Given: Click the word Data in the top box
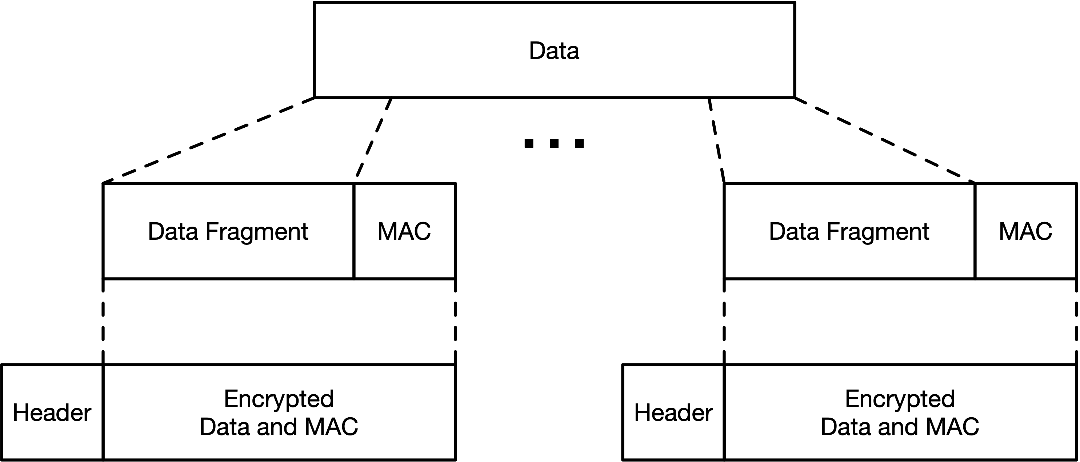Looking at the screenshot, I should (554, 51).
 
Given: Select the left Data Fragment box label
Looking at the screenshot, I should (228, 231).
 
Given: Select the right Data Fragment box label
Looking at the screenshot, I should (849, 231).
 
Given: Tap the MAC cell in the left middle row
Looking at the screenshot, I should (404, 231).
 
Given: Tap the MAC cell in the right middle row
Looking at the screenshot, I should (1025, 231).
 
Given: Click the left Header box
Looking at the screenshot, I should (52, 413).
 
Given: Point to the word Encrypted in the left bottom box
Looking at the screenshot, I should (279, 399).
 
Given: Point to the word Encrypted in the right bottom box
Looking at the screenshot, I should (900, 399).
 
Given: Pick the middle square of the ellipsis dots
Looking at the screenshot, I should (554, 143).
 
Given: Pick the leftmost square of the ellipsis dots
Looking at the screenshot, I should (529, 143).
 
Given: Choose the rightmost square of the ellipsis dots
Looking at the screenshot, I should (579, 143).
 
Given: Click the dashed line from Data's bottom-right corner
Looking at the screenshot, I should (885, 140).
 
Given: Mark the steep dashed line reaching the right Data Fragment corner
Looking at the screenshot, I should (716, 140).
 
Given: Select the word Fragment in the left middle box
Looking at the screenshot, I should (257, 232).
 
